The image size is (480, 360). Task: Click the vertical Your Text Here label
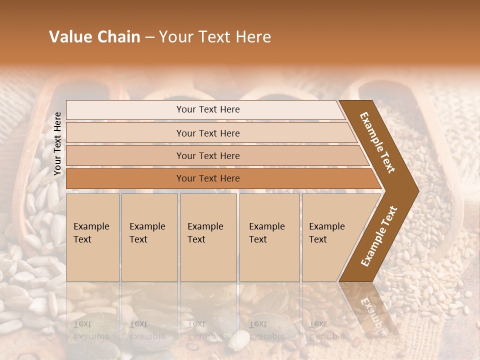point(57,143)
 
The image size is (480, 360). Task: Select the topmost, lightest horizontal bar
point(207,109)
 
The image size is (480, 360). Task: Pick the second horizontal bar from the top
point(207,133)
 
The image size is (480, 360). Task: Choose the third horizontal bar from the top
point(207,155)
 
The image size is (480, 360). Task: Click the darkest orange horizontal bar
point(207,178)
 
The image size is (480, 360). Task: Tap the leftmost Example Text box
point(92,237)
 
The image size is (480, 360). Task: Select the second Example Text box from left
point(149,237)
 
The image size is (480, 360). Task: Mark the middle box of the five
point(208,237)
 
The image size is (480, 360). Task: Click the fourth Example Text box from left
point(269,237)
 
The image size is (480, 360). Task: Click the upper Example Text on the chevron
point(377,142)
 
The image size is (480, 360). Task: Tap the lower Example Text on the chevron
point(378,236)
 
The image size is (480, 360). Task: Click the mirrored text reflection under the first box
point(91,330)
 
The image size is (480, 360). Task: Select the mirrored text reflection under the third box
point(205,330)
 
